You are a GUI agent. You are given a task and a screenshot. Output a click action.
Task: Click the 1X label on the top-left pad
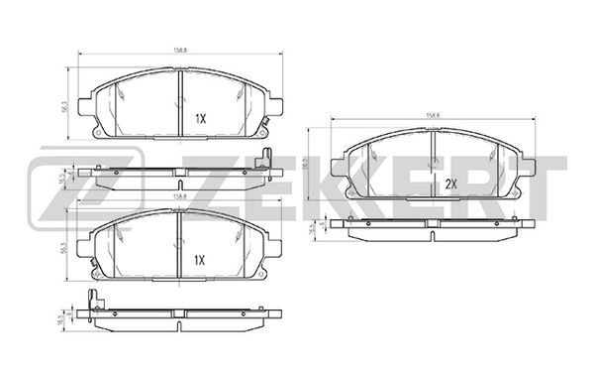199,118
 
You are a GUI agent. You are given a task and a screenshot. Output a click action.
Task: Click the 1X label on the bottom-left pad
199,260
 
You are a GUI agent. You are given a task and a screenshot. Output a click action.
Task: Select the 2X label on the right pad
451,184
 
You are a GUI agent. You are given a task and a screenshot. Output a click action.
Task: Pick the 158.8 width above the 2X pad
433,115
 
